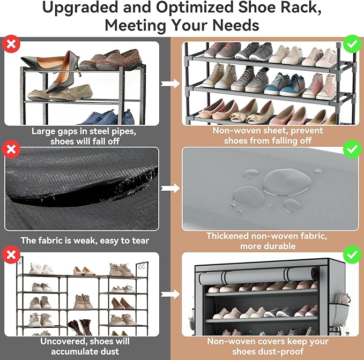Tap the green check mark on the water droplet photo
(x=351, y=149)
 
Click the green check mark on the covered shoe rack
(x=351, y=254)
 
